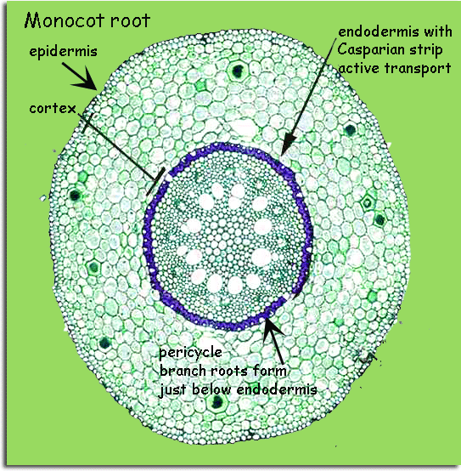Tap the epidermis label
tap(64, 51)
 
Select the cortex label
tap(53, 109)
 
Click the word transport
tap(418, 68)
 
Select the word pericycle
tap(191, 353)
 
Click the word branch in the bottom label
tap(183, 371)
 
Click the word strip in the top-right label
tap(426, 50)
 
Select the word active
tap(359, 69)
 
